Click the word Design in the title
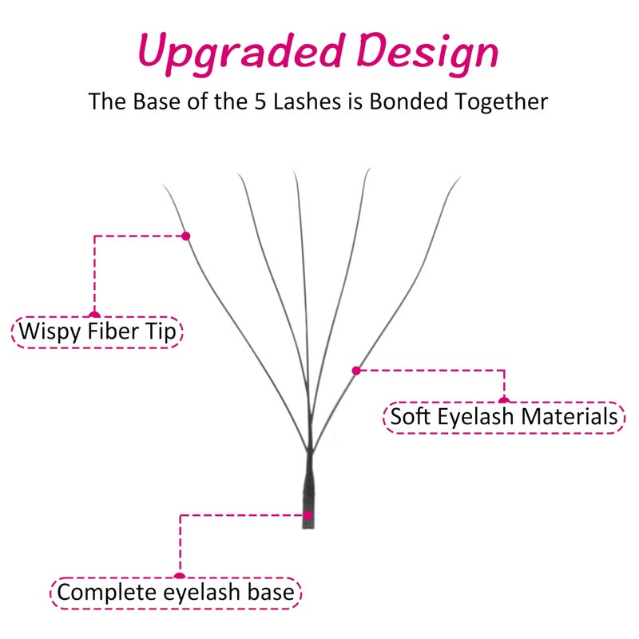pyautogui.click(x=427, y=53)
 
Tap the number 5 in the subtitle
pyautogui.click(x=260, y=101)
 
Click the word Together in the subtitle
pyautogui.click(x=502, y=102)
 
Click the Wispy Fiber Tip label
pyautogui.click(x=97, y=332)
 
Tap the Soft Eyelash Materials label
pyautogui.click(x=504, y=417)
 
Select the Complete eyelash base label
pyautogui.click(x=176, y=593)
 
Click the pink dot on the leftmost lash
pyautogui.click(x=186, y=236)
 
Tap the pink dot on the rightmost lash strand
pyautogui.click(x=356, y=371)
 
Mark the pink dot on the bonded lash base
pyautogui.click(x=308, y=515)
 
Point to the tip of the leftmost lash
pyautogui.click(x=164, y=185)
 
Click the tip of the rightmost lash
pyautogui.click(x=461, y=177)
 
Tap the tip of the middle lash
pyautogui.click(x=293, y=171)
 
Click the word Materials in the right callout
pyautogui.click(x=570, y=417)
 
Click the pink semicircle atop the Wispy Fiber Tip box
pyautogui.click(x=94, y=314)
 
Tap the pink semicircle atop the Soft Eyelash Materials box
pyautogui.click(x=504, y=400)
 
